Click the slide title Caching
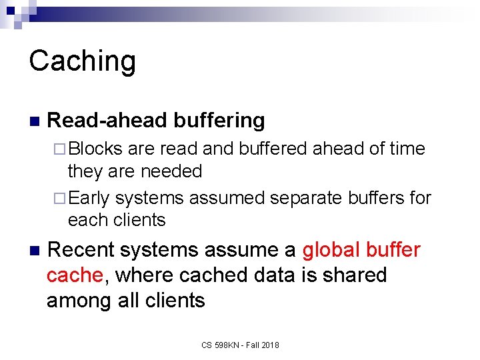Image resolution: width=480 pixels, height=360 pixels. (x=83, y=61)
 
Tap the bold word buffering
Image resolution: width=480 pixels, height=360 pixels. (x=219, y=121)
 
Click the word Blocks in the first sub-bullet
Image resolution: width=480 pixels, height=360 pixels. (x=95, y=148)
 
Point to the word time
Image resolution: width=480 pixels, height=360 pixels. (x=406, y=148)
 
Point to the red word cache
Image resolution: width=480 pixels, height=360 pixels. (x=73, y=275)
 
